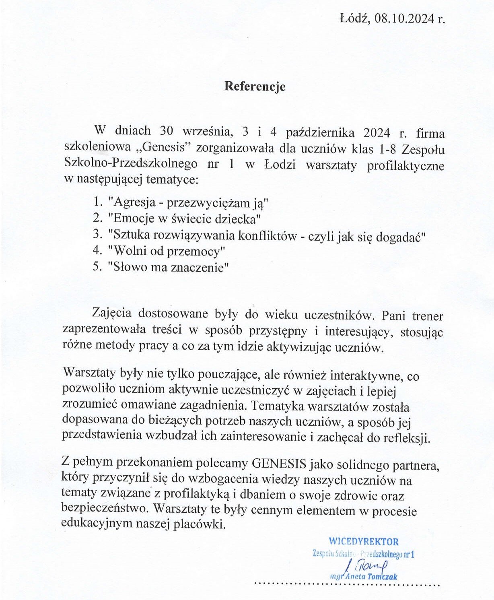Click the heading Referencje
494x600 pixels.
(x=255, y=87)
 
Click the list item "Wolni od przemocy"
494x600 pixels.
(x=167, y=251)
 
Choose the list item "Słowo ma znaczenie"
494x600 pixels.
(x=168, y=267)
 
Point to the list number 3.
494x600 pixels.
(x=96, y=235)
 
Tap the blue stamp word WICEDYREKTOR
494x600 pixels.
(x=363, y=542)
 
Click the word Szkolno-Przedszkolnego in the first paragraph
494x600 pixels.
(x=131, y=164)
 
